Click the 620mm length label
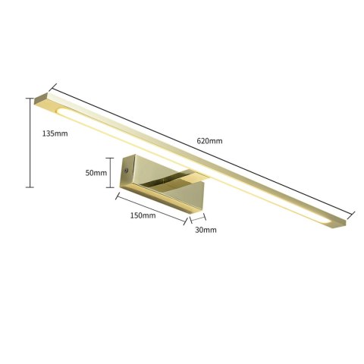pos(210,140)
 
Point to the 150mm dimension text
pos(143,215)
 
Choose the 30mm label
pos(206,229)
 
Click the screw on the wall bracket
pos(126,172)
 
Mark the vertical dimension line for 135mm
pos(30,144)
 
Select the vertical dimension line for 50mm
pos(111,172)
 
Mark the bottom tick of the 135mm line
pos(30,187)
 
